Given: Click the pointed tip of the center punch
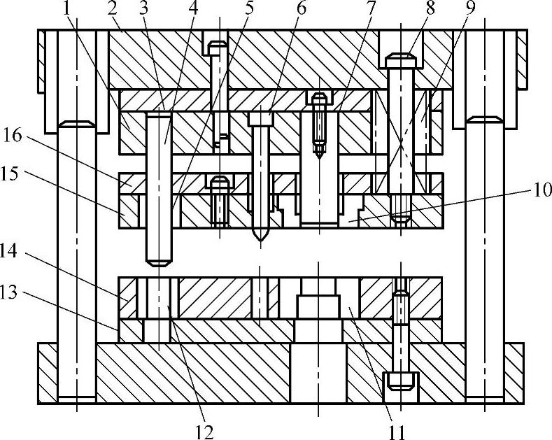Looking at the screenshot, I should point(260,238).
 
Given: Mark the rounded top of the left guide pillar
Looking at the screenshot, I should point(76,125).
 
